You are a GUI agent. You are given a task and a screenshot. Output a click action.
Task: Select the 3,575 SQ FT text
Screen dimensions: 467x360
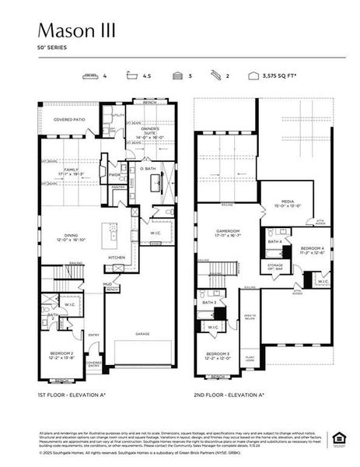point(283,76)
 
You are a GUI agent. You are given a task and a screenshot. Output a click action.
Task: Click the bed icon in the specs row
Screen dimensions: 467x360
point(91,76)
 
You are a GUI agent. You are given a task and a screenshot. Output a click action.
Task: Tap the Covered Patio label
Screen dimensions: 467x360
point(69,120)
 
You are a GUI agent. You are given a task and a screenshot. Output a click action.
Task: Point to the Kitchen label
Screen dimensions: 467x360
point(117,257)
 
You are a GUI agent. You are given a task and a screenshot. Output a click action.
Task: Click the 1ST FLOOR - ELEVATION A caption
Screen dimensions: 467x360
point(72,395)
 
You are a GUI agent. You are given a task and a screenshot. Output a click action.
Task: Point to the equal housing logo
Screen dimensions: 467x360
point(339,437)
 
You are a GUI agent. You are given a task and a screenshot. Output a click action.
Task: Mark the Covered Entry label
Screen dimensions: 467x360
point(94,363)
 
